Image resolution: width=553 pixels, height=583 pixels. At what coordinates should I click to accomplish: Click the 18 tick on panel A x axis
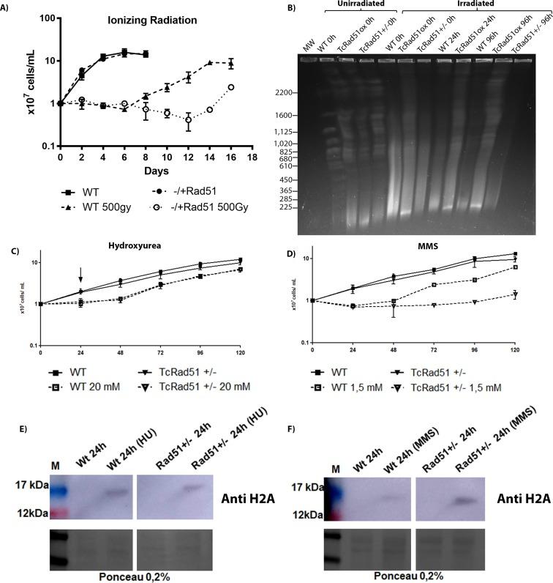click(253, 156)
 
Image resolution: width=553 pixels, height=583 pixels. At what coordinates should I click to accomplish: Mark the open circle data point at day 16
click(230, 87)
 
